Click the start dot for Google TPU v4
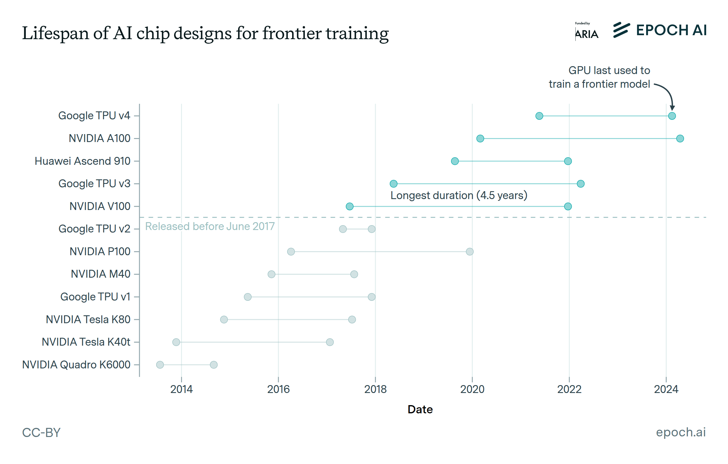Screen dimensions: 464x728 coord(539,116)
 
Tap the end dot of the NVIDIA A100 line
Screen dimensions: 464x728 coord(680,139)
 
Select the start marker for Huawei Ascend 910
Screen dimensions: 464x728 coord(455,161)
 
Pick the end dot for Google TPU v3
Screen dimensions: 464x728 coord(581,184)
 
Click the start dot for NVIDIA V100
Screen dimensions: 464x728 coord(349,207)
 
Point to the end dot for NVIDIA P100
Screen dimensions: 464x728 coord(470,252)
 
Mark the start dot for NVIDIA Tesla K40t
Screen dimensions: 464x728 coord(176,342)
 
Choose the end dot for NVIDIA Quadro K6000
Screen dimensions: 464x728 coord(214,365)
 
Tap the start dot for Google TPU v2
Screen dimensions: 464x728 coord(343,229)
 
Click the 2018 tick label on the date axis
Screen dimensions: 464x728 coord(375,389)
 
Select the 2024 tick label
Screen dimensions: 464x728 coord(666,389)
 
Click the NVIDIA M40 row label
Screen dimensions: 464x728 coord(100,274)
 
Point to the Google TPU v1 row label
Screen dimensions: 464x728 coord(95,297)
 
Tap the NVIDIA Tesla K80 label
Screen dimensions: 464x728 coord(88,320)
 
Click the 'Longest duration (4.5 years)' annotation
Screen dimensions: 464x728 coord(459,195)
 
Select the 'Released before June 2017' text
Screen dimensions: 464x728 coord(210,226)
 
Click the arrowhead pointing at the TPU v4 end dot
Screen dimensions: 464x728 coord(672,108)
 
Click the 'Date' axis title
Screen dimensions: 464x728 coord(420,409)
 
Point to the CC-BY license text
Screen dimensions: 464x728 coord(41,432)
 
